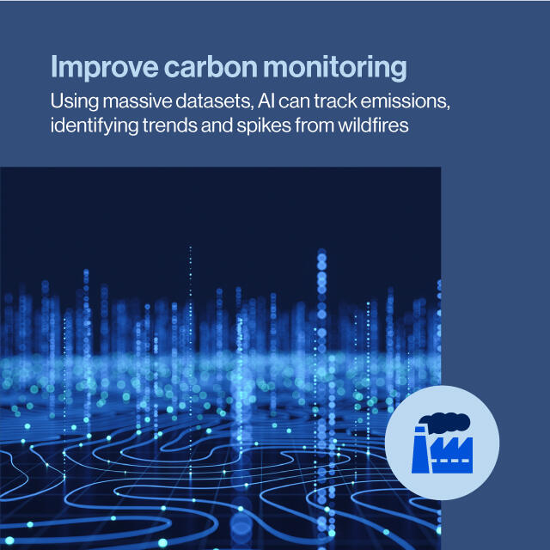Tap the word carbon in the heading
point(211,67)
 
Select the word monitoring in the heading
point(335,68)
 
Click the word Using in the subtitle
point(75,102)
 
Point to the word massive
point(137,101)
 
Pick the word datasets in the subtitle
point(214,101)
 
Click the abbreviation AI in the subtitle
point(266,101)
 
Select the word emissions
point(406,101)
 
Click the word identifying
point(95,126)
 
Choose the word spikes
point(264,126)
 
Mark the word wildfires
point(373,125)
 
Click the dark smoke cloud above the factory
point(445,422)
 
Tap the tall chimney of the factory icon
point(420,449)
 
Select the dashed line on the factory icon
point(452,461)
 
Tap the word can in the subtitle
point(294,101)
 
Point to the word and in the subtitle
point(217,125)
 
